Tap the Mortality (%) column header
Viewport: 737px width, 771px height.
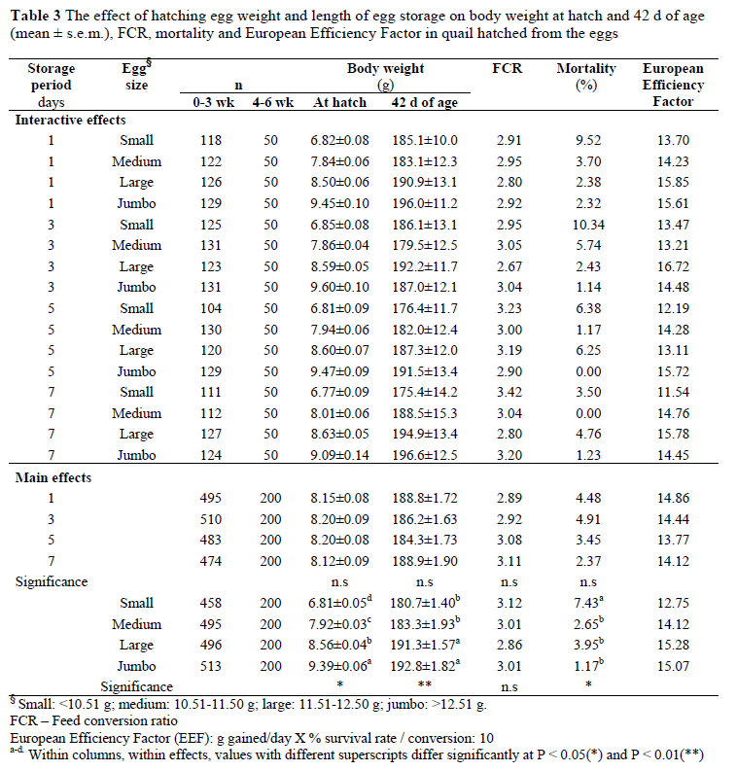click(x=586, y=77)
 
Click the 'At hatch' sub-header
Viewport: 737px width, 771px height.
click(x=337, y=102)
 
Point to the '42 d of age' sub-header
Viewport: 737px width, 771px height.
click(x=425, y=102)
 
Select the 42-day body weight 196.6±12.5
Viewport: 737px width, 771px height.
click(x=425, y=454)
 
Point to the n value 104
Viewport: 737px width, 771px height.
click(x=201, y=308)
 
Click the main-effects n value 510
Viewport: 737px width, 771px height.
click(x=201, y=518)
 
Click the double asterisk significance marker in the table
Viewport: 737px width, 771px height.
click(x=425, y=686)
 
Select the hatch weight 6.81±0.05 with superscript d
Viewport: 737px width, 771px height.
click(x=339, y=603)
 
